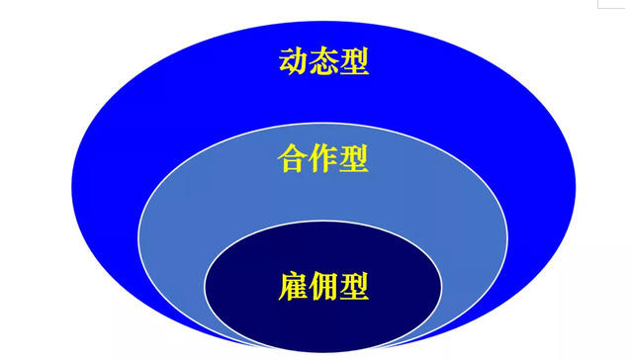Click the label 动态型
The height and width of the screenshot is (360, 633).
(x=322, y=61)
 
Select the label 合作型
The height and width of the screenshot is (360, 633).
(x=323, y=158)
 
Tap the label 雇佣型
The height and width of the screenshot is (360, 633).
(x=323, y=287)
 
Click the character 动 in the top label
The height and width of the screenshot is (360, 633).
(x=292, y=61)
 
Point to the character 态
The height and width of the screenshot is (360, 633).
(x=323, y=61)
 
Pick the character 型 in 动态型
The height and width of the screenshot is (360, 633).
(x=354, y=61)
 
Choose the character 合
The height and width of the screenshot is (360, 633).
(x=293, y=158)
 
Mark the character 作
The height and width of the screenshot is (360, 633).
(x=323, y=158)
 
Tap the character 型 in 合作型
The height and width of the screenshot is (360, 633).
(x=354, y=158)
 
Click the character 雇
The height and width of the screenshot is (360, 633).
(x=293, y=287)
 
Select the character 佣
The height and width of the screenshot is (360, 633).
(x=323, y=287)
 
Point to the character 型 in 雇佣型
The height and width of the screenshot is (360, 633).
(x=354, y=287)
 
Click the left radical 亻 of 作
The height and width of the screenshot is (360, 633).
(x=315, y=159)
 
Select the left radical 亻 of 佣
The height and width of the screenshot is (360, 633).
(x=314, y=288)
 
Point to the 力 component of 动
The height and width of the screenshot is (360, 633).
(x=300, y=62)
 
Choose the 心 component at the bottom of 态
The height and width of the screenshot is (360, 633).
(x=323, y=70)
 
